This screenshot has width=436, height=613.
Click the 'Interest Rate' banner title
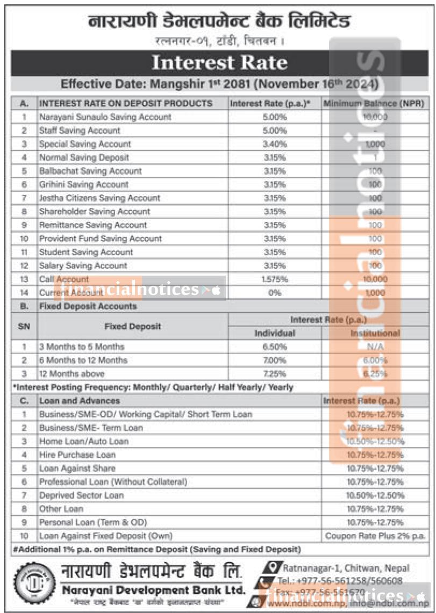click(x=219, y=63)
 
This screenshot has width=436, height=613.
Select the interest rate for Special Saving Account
click(x=274, y=144)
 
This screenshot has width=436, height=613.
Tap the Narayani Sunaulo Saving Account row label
click(x=105, y=117)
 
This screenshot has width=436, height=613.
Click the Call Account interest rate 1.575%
click(x=274, y=279)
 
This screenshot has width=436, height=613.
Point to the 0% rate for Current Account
click(x=274, y=293)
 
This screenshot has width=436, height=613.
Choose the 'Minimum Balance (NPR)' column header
click(x=374, y=103)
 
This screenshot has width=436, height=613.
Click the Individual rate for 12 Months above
click(x=274, y=374)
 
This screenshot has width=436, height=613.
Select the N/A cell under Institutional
click(x=375, y=347)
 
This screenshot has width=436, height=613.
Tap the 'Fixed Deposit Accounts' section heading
click(x=88, y=306)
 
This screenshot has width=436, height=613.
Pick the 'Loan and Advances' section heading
click(x=80, y=401)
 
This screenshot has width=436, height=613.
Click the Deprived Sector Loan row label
click(x=81, y=495)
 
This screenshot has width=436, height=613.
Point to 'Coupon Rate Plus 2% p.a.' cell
click(x=375, y=536)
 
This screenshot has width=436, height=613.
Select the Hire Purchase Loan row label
click(x=77, y=455)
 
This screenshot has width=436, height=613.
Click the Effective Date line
click(x=219, y=84)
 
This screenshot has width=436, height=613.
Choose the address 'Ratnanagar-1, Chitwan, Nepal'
click(x=346, y=568)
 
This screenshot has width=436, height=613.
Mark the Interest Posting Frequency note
click(x=153, y=387)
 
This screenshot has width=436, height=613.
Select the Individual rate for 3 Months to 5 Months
click(x=274, y=347)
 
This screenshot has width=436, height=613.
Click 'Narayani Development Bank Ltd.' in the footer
click(x=153, y=590)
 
